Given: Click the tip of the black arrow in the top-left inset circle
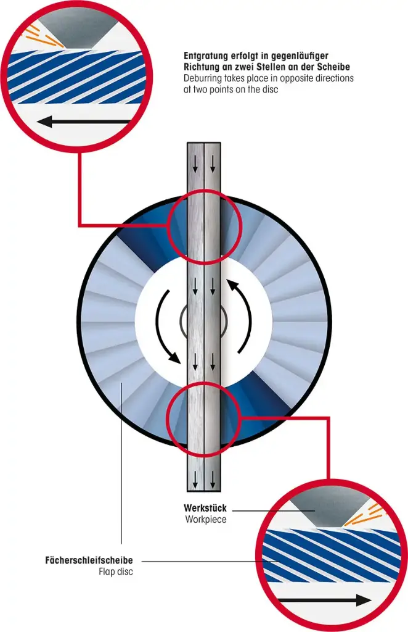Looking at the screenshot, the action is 39,121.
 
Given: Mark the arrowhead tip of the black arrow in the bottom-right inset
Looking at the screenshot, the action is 370,600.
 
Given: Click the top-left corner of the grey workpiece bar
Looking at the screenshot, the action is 187,143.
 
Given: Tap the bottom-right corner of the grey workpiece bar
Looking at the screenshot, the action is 221,492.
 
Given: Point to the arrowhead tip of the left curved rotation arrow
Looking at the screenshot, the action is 180,362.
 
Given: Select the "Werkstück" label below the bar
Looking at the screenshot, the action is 205,508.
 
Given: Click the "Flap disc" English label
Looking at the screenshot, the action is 116,572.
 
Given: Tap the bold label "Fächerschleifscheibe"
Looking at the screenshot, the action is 89,560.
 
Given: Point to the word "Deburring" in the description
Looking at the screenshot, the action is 203,78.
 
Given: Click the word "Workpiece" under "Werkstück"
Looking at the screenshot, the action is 206,519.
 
